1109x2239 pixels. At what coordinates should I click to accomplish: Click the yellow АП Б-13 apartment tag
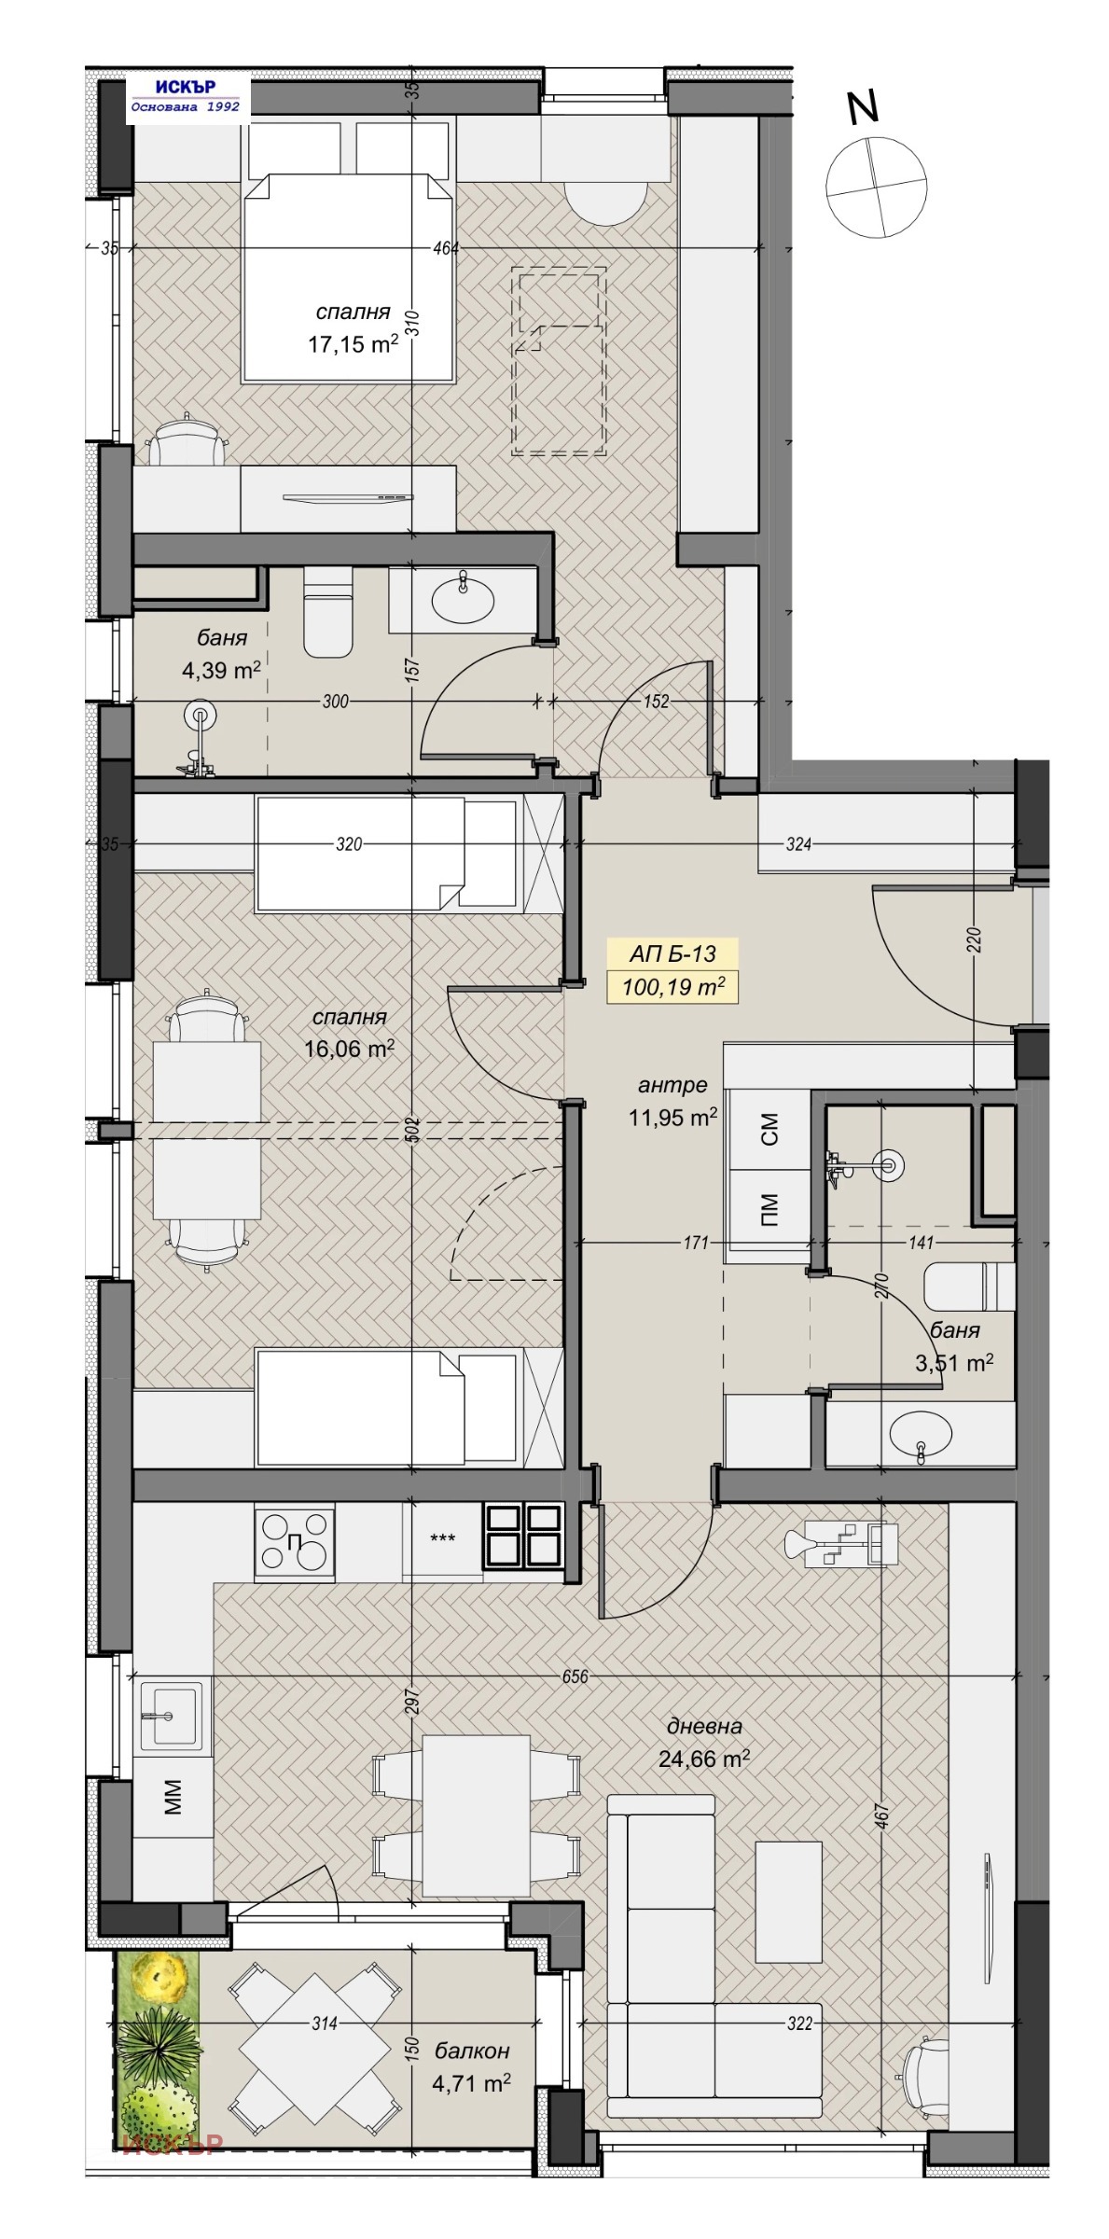tap(672, 953)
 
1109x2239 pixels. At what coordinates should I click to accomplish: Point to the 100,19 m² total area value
tap(672, 986)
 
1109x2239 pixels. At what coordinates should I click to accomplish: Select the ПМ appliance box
tap(769, 1210)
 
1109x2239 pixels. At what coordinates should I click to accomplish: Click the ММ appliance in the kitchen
tap(173, 1794)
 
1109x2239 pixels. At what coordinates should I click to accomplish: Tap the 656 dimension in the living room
tap(575, 1676)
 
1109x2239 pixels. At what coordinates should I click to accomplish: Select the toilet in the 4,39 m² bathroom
tap(328, 612)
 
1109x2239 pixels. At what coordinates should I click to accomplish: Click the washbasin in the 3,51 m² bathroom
tap(921, 1432)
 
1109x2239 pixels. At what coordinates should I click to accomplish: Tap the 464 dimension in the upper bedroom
tap(446, 248)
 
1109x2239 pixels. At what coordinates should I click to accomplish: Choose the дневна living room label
tap(704, 1726)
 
